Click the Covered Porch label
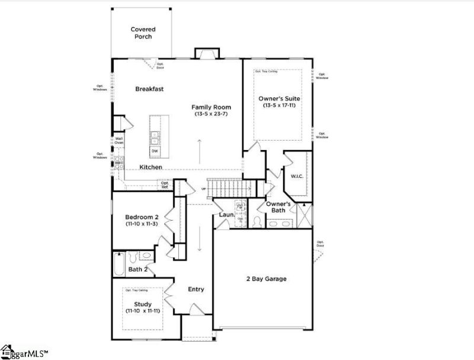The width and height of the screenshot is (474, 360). [142, 33]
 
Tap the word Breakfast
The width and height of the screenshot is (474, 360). [149, 89]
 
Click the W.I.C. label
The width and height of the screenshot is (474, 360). [297, 176]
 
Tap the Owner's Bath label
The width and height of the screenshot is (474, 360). [277, 207]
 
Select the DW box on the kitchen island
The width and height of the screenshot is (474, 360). [155, 151]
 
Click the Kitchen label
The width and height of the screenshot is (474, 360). [150, 167]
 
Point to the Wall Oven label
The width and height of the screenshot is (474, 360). [118, 141]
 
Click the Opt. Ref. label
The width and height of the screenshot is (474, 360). [165, 184]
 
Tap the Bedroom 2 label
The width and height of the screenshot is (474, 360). [140, 216]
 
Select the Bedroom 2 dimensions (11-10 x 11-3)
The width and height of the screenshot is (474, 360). [140, 224]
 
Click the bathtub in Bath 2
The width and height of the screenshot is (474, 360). [118, 259]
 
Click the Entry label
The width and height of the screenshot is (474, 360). [196, 289]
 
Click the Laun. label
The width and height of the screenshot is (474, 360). [226, 214]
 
